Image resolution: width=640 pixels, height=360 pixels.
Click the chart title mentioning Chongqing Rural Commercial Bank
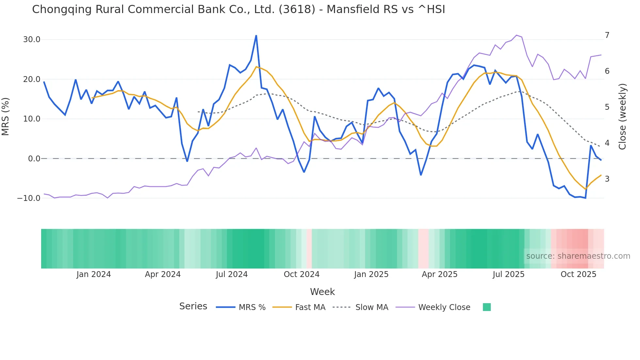tap(238, 9)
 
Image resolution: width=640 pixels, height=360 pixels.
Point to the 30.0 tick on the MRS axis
tap(32, 40)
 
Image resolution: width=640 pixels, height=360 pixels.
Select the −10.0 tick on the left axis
tap(29, 198)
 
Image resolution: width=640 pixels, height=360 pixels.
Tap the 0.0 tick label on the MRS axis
tap(34, 159)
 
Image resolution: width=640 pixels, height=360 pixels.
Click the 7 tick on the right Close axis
tap(607, 35)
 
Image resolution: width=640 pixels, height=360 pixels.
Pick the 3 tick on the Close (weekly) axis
tap(607, 179)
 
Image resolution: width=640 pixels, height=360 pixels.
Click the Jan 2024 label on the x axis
tap(94, 274)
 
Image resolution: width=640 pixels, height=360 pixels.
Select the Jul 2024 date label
tap(232, 274)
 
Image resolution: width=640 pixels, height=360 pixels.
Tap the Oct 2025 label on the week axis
tap(578, 274)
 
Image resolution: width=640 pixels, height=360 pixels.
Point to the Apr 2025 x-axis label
tap(440, 274)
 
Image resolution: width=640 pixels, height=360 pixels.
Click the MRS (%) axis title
tap(6, 116)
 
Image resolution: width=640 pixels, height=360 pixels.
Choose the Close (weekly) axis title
tap(622, 116)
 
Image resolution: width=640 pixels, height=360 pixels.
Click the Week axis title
tap(322, 292)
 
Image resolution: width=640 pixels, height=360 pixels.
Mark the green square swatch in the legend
tap(487, 307)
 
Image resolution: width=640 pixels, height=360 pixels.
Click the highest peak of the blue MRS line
tap(256, 36)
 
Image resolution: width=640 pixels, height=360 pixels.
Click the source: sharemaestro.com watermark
tap(578, 256)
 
